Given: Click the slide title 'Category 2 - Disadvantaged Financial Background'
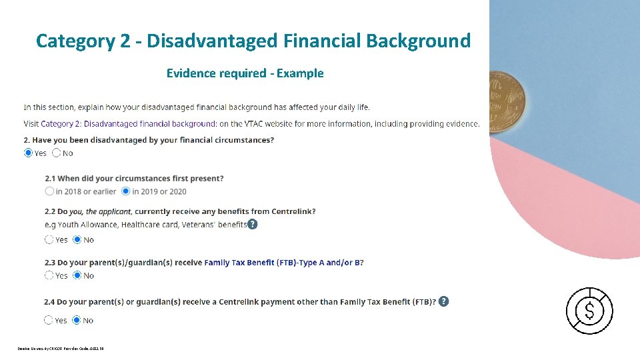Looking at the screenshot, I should click(253, 41).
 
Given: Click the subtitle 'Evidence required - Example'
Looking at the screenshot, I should click(245, 73).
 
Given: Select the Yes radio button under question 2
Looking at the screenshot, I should click(28, 153).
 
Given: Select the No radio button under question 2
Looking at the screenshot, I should click(57, 153).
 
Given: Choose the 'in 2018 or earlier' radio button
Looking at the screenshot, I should click(49, 191).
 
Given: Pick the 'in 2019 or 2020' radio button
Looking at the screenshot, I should click(126, 191).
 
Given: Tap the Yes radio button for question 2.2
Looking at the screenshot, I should click(49, 239).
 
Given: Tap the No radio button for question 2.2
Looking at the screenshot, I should click(77, 239).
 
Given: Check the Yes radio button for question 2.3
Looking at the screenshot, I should click(49, 275).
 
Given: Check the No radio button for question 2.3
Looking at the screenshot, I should click(77, 275).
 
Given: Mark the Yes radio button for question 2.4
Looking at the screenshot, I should click(49, 320).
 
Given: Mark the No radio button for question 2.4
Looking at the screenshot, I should click(77, 320).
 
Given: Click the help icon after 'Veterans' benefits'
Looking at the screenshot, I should click(253, 224).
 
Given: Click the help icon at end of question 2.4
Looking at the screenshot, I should click(444, 301).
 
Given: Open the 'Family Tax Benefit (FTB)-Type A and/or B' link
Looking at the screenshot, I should click(283, 263).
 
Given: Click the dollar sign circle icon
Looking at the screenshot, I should click(589, 311).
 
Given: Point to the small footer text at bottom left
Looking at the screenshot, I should click(61, 348).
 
